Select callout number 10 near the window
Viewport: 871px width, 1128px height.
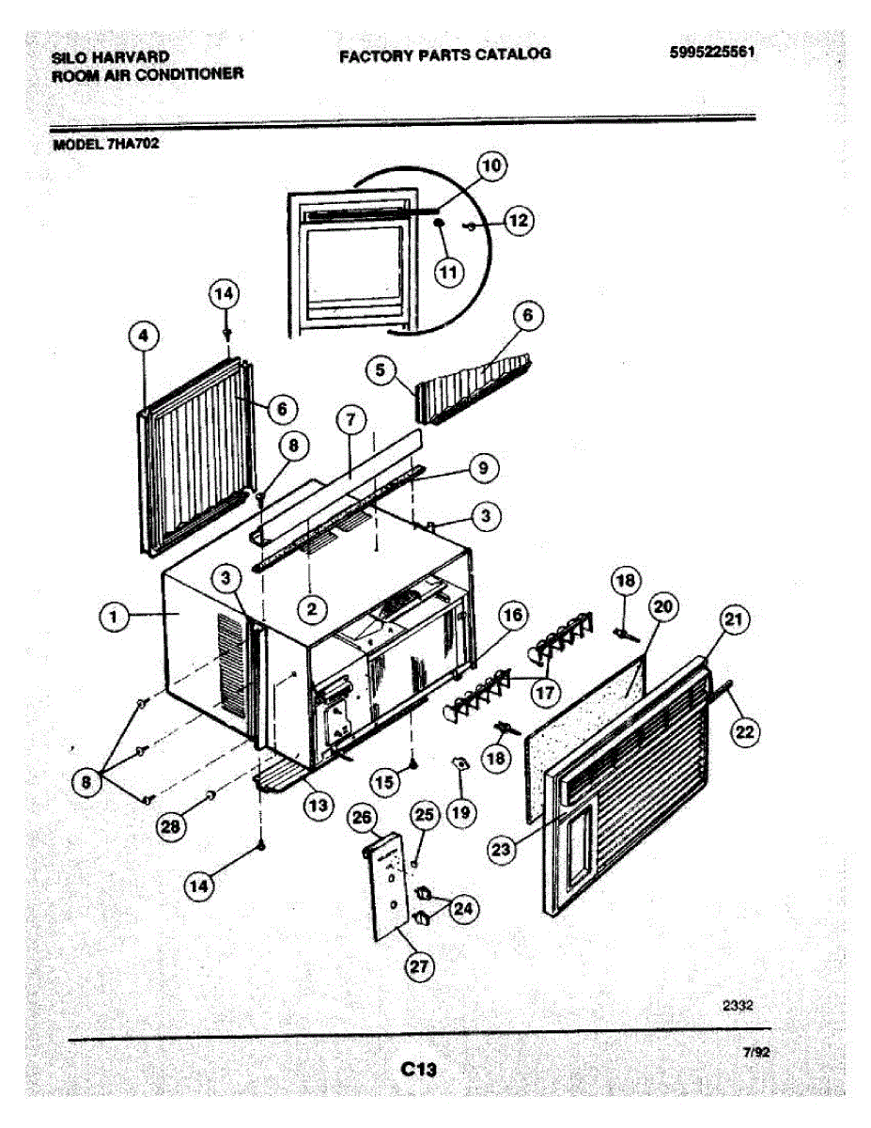(x=490, y=166)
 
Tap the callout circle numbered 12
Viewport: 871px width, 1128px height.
(x=518, y=221)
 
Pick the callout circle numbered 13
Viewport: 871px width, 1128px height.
(x=318, y=805)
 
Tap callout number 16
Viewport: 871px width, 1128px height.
(x=512, y=617)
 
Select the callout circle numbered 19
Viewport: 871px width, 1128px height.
(x=460, y=811)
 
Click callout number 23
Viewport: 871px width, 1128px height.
(x=504, y=848)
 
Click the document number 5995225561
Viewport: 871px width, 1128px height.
(x=712, y=53)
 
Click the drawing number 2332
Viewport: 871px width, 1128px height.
(x=738, y=1005)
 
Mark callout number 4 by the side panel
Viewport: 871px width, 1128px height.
(x=145, y=336)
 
